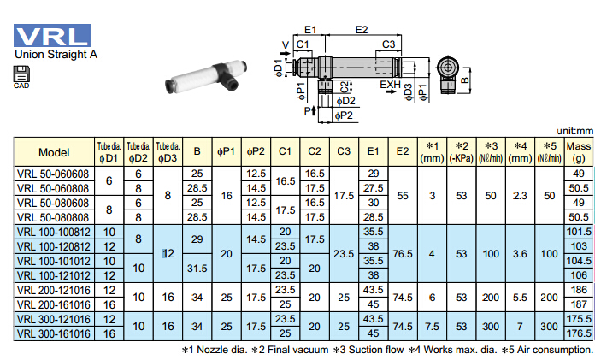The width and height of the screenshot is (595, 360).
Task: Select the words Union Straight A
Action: tap(56, 55)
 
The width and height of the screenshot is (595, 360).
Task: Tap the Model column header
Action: tap(54, 152)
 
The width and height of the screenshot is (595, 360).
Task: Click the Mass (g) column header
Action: tap(579, 152)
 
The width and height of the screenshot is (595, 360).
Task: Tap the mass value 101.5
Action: tap(579, 232)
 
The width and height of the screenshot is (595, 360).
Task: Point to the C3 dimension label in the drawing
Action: tap(387, 44)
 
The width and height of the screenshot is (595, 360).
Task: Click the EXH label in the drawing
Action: tap(391, 84)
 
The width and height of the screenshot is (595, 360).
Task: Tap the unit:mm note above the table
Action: tap(572, 131)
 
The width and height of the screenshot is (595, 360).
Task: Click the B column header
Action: tap(197, 152)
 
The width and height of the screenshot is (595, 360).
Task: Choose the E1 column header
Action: tap(373, 152)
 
